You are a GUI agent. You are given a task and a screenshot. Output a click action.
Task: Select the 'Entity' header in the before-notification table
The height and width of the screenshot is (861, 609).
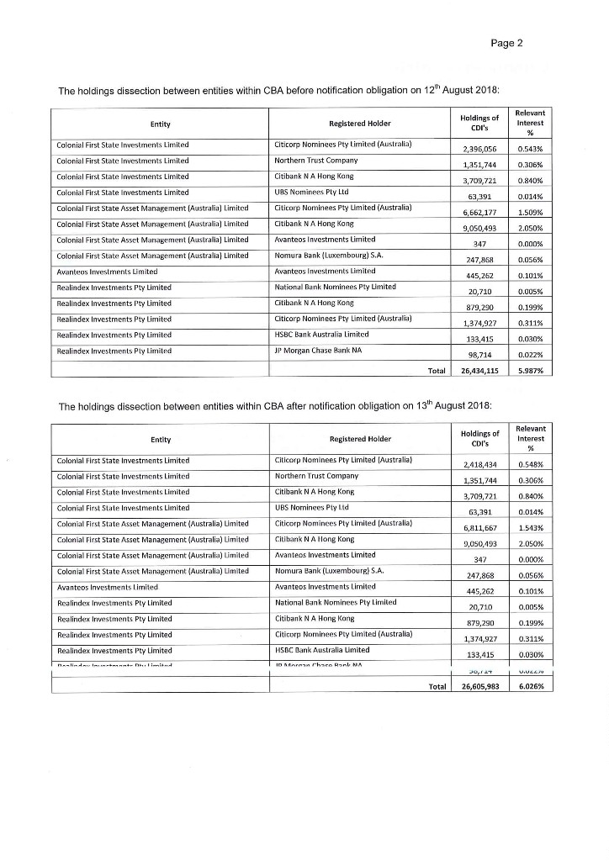tap(161, 124)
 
